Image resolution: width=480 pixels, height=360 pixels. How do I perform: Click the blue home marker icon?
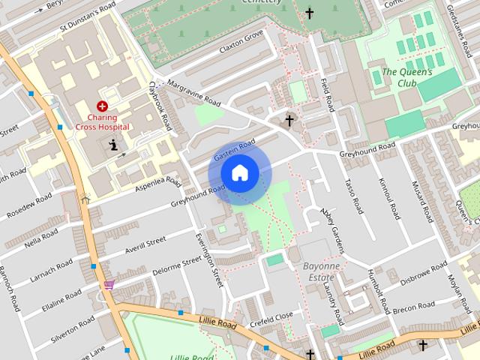point(239,172)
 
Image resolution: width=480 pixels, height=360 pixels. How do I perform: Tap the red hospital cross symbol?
point(102,107)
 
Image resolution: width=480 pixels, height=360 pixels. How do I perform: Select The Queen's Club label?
point(407,77)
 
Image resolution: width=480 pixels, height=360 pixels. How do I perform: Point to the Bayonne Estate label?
point(322,271)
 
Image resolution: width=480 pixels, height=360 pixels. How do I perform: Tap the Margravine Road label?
point(194,93)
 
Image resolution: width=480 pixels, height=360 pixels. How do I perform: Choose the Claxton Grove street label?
point(241,40)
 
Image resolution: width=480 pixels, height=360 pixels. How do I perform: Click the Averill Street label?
point(145,245)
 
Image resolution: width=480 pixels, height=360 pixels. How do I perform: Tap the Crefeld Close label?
point(272,317)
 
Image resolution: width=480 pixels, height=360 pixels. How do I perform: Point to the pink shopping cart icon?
point(109,285)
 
